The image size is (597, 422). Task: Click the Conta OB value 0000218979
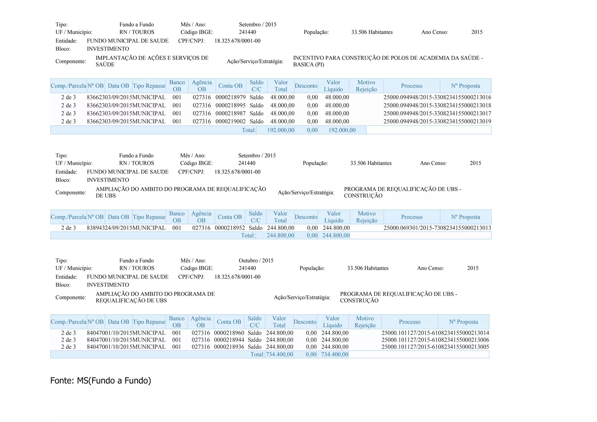point(231,97)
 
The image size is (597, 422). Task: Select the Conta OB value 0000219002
point(231,122)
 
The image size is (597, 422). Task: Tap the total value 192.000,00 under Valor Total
point(280,130)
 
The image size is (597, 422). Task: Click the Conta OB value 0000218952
point(230,228)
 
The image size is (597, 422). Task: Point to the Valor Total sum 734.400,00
point(279,354)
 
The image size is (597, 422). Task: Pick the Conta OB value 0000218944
point(229,340)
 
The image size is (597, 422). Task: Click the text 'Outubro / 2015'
point(256,261)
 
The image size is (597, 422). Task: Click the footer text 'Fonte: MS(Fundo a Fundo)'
point(101,381)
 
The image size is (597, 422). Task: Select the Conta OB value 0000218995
point(231,105)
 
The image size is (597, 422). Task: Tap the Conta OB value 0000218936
point(229,347)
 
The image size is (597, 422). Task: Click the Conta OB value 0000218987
point(231,113)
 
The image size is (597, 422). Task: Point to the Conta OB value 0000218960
point(229,333)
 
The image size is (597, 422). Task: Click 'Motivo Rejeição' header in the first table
point(366,86)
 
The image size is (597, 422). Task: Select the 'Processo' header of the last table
point(409,322)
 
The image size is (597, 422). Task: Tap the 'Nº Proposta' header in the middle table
point(465,217)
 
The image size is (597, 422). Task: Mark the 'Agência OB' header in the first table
point(202,86)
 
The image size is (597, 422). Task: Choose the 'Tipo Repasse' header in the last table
point(149,322)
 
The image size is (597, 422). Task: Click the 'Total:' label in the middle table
point(248,235)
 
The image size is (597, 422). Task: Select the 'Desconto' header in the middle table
point(306,217)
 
